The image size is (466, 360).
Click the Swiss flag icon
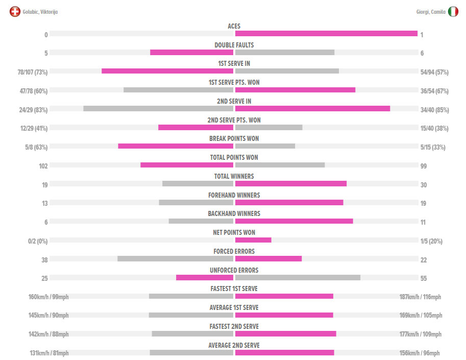point(15,11)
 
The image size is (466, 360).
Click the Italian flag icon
point(453,11)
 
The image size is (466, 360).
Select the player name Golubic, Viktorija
point(40,12)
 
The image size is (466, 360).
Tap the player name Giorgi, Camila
point(431,12)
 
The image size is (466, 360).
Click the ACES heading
point(234,26)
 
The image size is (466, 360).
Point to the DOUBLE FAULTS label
point(234,45)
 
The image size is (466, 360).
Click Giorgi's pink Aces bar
point(326,34)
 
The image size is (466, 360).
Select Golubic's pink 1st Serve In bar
point(167,71)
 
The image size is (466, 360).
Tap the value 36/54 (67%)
point(434,91)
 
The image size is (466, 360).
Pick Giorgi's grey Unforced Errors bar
point(298,277)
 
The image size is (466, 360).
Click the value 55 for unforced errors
point(424,279)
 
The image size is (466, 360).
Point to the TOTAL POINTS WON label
point(234,157)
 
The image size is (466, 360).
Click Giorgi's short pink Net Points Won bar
point(253,240)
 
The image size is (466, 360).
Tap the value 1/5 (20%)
point(431,241)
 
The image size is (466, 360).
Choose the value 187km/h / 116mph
point(420,297)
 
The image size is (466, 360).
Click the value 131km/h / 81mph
point(48,353)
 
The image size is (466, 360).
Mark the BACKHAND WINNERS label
point(234,213)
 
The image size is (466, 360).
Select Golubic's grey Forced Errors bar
point(175,258)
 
